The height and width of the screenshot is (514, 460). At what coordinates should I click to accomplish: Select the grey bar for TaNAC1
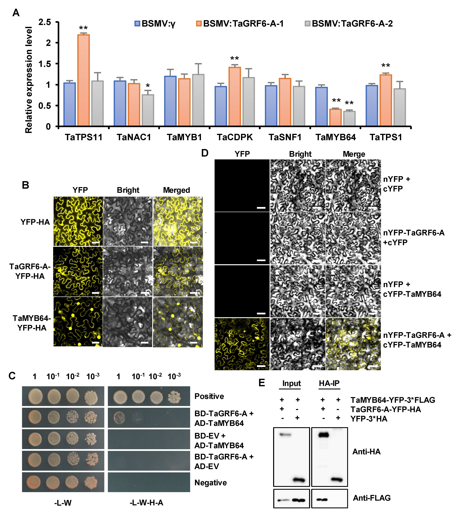pos(148,110)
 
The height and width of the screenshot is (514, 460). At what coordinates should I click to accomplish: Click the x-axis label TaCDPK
pos(235,137)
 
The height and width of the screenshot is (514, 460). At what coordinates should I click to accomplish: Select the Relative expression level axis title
pos(29,80)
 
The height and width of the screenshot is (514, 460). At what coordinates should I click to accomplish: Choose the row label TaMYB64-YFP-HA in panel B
pos(32,323)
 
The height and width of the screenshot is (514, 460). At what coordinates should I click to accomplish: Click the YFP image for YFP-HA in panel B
pos(78,221)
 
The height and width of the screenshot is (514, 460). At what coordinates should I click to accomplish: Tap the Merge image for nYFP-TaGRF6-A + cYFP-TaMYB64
pos(353,344)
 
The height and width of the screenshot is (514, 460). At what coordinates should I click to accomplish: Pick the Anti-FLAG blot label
pos(371,498)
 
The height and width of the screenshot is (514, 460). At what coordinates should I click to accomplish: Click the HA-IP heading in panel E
pos(329,383)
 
